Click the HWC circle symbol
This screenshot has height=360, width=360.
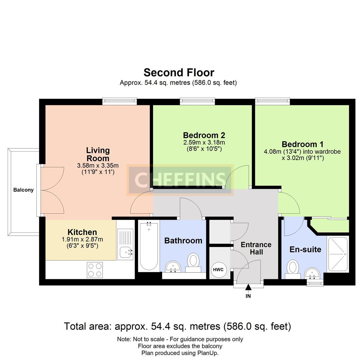pos(218,270)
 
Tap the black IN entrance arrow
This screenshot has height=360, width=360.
pos(248,287)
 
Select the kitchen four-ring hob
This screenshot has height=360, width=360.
pos(95,270)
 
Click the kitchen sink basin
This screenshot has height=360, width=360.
pos(125,253)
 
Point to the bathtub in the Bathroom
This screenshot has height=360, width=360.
pos(149,246)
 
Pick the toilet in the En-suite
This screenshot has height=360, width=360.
pos(293,269)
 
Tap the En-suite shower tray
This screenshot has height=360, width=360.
pos(338,254)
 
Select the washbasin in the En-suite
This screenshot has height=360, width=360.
pos(312,273)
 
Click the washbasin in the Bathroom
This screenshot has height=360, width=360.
pos(173,267)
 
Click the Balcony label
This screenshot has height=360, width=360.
pos(23,190)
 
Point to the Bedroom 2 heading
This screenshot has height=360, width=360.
pos(204,135)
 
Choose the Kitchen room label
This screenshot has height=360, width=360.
pos(82,232)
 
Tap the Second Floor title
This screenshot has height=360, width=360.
pos(179,73)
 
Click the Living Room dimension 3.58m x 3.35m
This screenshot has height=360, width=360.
pos(98,165)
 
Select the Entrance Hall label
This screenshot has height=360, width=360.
pos(256,248)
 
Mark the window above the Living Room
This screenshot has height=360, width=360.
pos(119,101)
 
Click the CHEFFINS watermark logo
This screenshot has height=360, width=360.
pos(180,180)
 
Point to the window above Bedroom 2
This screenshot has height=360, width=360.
pos(197,101)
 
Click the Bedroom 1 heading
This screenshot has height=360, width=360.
pos(302,144)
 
